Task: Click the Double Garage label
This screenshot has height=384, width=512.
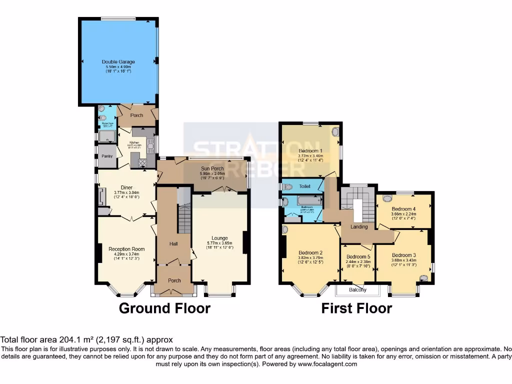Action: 120,62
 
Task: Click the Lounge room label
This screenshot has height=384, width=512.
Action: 219,238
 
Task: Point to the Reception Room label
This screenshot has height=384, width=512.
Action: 126,249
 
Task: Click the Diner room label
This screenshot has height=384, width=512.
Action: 126,188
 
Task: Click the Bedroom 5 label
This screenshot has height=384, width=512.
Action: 358,256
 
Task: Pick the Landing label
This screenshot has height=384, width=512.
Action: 359,226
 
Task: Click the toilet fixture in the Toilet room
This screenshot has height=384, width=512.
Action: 286,186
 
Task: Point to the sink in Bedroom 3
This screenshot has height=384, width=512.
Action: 424,278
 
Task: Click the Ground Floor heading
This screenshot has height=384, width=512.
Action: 164,308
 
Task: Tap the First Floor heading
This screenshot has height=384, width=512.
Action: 356,308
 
